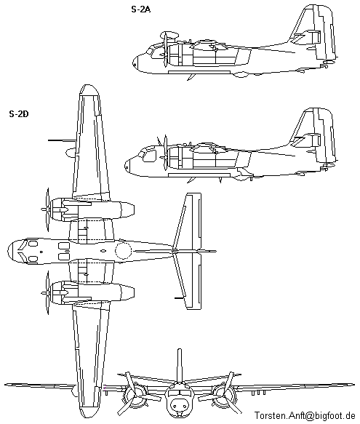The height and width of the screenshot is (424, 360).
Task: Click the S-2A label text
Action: click(x=140, y=9)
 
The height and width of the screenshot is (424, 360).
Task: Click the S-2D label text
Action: click(x=19, y=114)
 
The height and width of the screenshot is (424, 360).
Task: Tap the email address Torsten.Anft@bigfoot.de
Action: click(x=305, y=415)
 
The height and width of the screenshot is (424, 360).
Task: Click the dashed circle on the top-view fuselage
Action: click(x=124, y=251)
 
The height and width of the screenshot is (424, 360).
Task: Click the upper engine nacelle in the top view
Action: click(x=92, y=210)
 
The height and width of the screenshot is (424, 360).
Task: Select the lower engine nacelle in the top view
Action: click(x=92, y=292)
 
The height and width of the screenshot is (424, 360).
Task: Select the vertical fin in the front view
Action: click(x=179, y=365)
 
